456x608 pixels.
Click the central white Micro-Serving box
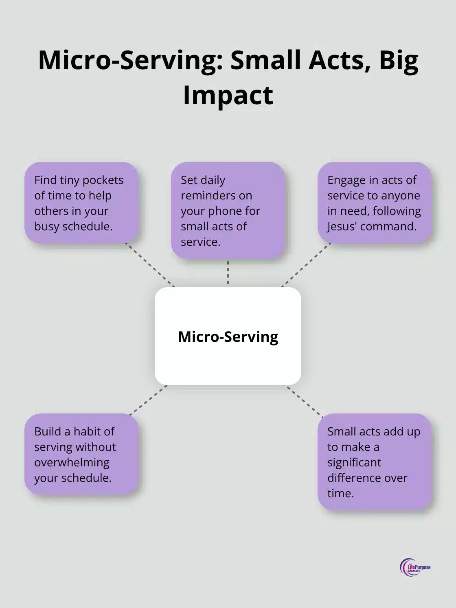pos(228,336)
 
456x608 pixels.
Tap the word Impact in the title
pos(228,95)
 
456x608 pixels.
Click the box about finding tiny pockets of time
pos(81,203)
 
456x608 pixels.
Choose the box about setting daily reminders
pos(228,210)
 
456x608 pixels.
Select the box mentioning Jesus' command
pos(375,203)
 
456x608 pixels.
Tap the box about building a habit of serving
pos(81,454)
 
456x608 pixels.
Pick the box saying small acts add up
pos(375,462)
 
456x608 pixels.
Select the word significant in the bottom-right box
pos(354,462)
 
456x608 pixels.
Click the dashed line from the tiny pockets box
pos(150,265)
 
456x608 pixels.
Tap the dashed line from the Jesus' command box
pos(306,265)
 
